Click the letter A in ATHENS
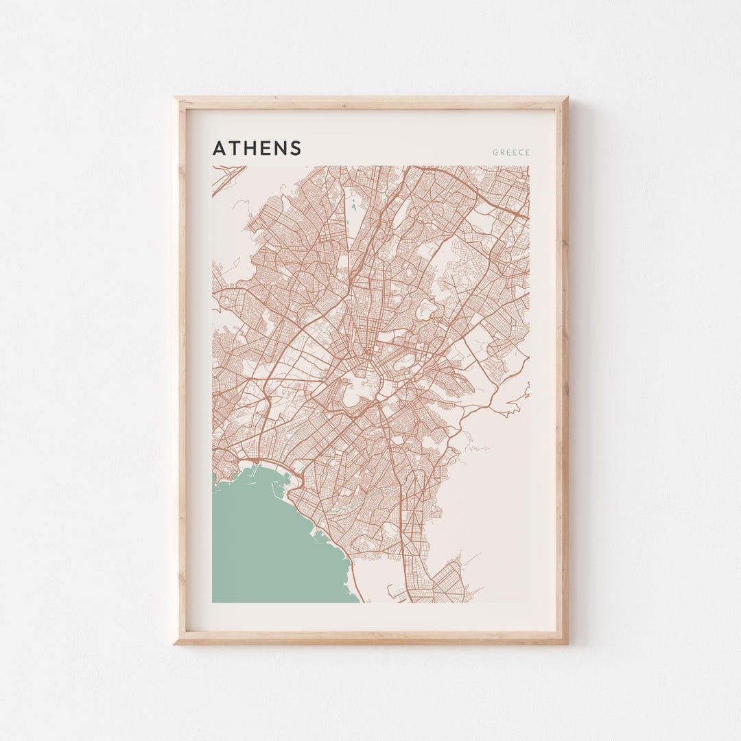[219, 148]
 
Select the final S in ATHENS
[296, 148]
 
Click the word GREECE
[511, 152]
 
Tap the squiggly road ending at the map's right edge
[518, 401]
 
